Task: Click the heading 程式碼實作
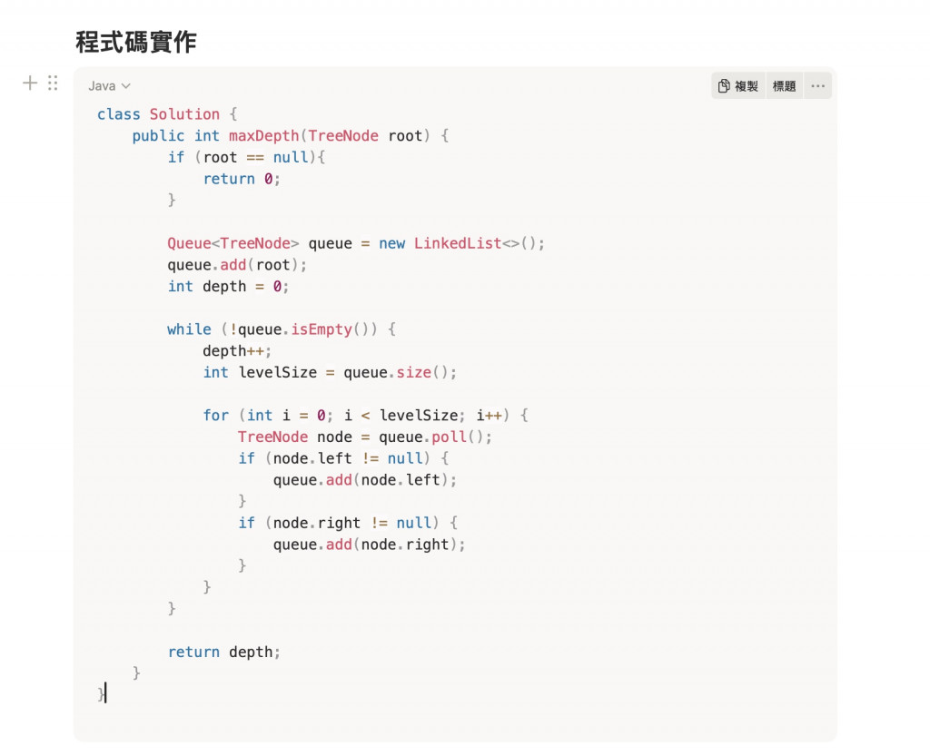pos(135,42)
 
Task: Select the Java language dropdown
pos(109,86)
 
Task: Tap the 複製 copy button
pos(738,86)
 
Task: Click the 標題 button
pos(784,86)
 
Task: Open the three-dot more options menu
pos(817,86)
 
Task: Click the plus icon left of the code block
pos(30,83)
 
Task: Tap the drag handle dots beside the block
pos(53,83)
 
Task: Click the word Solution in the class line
pos(184,114)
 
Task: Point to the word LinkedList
pos(458,243)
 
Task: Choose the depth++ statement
pos(237,351)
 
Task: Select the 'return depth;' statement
pos(224,653)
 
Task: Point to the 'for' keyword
pos(215,416)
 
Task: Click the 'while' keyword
pos(189,329)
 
